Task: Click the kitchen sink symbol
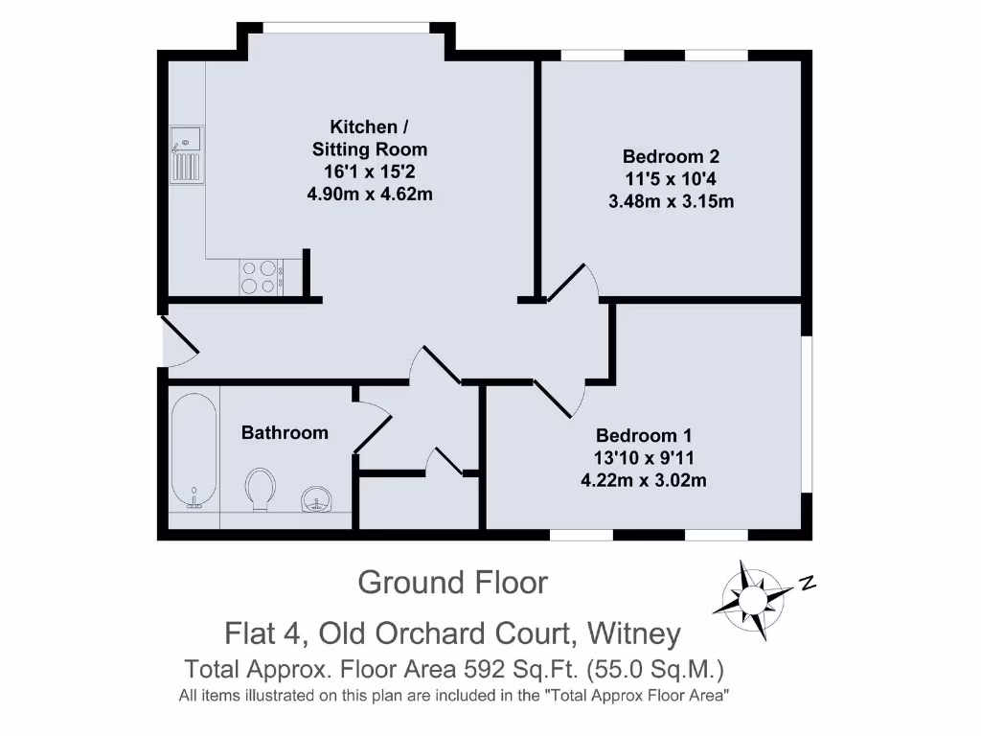(x=187, y=154)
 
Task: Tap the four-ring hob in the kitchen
(x=260, y=277)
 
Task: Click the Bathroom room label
(x=285, y=433)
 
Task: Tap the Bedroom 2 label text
(x=671, y=156)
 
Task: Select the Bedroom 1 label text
(x=643, y=434)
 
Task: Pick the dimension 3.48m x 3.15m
(x=671, y=201)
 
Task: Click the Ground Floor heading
(x=452, y=582)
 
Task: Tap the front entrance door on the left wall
(x=177, y=341)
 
